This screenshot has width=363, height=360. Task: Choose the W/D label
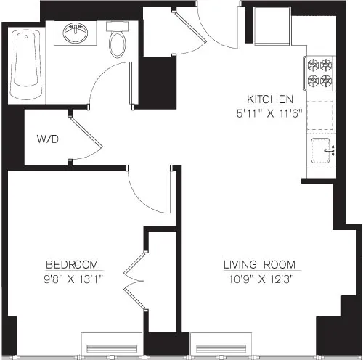point(48,139)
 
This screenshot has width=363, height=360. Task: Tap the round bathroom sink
point(76,33)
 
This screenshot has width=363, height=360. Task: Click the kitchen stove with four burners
point(318,71)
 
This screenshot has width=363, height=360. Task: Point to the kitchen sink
point(322,151)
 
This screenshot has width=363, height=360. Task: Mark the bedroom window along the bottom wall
point(113,343)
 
